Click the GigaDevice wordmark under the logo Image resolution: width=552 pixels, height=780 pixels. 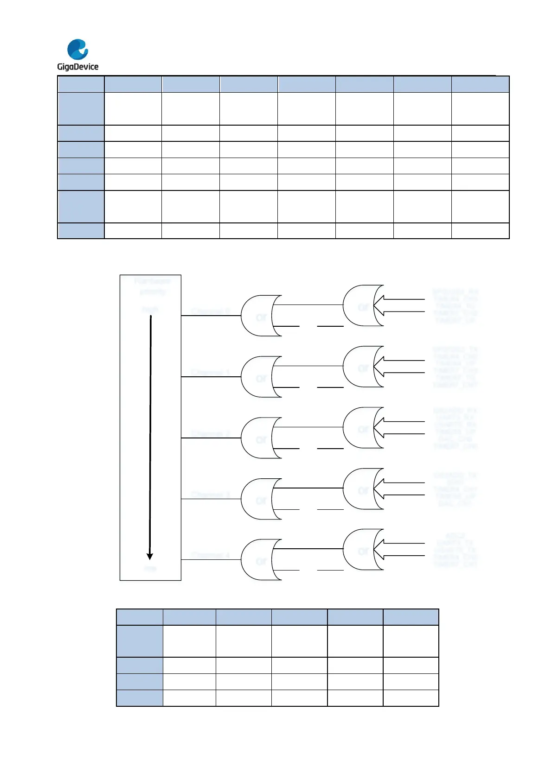77,67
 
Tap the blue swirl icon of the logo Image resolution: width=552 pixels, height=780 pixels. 77,49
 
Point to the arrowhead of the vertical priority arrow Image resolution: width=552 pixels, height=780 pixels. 150,556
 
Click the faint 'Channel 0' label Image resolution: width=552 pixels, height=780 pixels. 211,311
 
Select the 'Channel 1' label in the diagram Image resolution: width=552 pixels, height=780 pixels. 211,373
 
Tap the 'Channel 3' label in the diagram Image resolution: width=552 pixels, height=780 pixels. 211,495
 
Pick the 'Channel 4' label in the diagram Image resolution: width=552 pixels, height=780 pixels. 211,555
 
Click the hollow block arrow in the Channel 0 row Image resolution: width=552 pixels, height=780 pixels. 399,306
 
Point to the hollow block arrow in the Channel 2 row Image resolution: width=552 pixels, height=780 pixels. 399,428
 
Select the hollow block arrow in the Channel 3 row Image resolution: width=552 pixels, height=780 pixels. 399,489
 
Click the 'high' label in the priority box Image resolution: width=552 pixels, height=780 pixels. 150,309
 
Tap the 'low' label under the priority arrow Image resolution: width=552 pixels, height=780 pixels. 150,568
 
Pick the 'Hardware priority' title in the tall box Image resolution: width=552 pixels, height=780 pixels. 152,286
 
